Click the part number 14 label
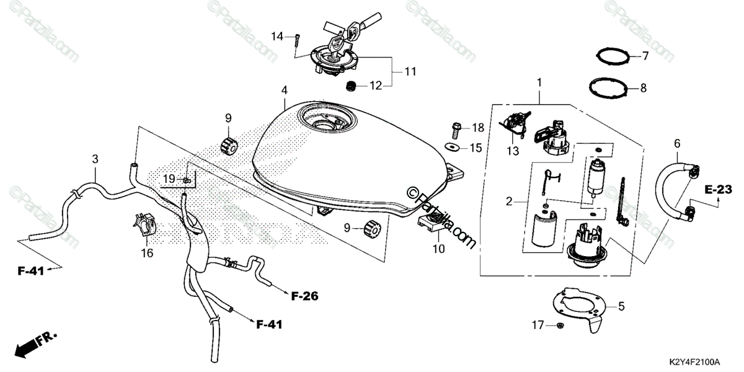277,37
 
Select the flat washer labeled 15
453,147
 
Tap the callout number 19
169,180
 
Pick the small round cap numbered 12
351,86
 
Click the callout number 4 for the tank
284,91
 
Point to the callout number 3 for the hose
95,159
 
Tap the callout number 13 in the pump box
513,152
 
